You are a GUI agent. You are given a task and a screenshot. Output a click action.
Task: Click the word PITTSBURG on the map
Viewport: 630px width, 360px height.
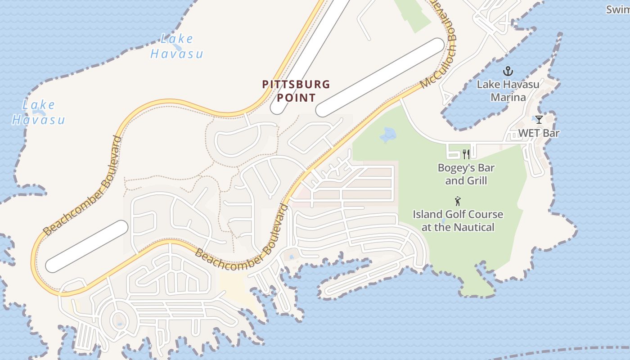coord(296,84)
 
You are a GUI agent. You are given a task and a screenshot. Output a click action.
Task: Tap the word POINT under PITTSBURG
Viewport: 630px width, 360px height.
coord(296,97)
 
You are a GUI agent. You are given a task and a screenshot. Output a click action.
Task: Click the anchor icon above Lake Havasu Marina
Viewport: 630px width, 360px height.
coord(508,71)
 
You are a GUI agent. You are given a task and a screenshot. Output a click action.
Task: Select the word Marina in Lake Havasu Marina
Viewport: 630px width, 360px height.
coord(508,97)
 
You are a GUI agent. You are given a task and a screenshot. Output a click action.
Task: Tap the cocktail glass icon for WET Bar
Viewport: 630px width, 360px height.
coord(539,120)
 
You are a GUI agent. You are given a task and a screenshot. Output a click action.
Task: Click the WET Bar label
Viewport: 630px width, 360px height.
coord(539,133)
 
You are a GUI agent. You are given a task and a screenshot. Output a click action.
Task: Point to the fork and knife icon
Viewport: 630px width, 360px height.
coord(466,154)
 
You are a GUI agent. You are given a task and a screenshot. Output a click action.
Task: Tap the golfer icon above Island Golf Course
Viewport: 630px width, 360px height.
coord(458,201)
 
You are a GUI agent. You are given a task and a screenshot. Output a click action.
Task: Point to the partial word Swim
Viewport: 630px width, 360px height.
coord(617,9)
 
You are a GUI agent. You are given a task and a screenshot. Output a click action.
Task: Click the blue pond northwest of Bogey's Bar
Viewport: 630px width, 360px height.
coord(387,135)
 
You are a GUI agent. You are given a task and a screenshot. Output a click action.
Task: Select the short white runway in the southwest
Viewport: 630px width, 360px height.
coord(87,246)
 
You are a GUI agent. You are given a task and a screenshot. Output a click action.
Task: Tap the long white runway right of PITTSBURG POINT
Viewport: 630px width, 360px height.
coord(380,77)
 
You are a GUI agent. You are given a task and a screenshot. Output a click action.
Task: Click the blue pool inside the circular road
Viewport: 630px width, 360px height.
coord(119,323)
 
